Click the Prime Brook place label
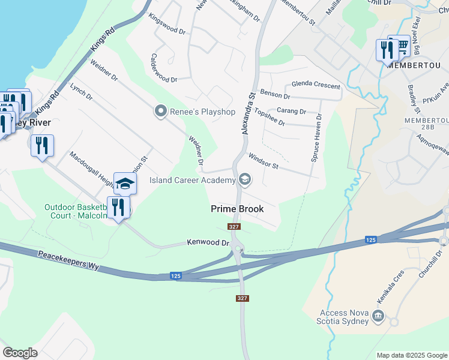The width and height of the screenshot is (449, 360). click(238, 209)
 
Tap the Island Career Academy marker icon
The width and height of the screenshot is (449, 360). click(244, 179)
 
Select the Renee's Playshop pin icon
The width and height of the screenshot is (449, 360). click(160, 110)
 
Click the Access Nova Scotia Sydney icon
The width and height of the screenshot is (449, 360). click(378, 316)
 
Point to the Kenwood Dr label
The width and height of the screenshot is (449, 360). click(208, 243)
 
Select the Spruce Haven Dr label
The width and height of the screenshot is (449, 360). click(318, 139)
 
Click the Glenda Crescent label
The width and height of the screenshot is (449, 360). click(316, 85)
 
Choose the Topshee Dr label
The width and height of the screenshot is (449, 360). click(269, 118)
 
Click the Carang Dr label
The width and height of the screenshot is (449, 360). click(291, 111)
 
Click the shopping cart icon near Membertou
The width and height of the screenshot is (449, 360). click(401, 46)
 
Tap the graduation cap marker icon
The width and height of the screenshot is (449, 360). click(125, 184)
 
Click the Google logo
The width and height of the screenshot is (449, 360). click(20, 353)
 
